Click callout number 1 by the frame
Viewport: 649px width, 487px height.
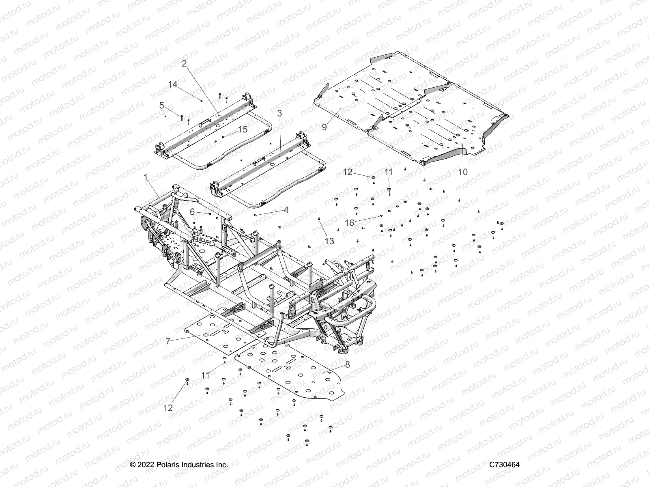tap(146, 177)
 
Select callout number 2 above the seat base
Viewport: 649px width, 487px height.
tap(184, 63)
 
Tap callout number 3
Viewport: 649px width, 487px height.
tap(279, 113)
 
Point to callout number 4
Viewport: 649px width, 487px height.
tap(286, 210)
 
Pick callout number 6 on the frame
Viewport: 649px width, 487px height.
tap(192, 211)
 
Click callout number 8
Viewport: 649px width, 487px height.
tap(347, 364)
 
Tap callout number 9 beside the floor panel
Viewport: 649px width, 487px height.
tap(324, 127)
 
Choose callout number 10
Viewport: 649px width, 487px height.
tap(462, 172)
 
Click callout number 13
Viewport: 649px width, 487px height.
tap(329, 241)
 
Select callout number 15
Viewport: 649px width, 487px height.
tap(243, 129)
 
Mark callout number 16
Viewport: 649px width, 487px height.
tap(350, 222)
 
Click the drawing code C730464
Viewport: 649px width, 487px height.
tap(504, 465)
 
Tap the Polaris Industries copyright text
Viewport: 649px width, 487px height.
tap(178, 465)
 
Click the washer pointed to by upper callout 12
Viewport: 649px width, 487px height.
tap(373, 177)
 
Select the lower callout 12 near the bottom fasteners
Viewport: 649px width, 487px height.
tap(168, 408)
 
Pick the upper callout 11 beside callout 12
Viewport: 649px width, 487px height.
tap(389, 172)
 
